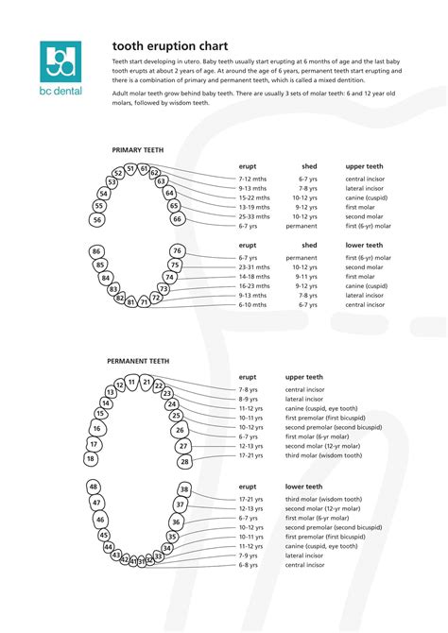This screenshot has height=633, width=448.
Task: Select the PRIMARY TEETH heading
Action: (138, 149)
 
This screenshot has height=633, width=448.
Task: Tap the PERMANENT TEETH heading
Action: (138, 361)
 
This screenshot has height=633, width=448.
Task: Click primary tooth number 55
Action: (99, 206)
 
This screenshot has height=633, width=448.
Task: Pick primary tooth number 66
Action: (177, 219)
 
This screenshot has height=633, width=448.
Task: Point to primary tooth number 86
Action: (96, 251)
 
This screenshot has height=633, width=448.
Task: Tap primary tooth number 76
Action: (177, 251)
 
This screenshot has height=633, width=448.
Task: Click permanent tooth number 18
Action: (91, 459)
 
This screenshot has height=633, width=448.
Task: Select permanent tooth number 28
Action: (184, 462)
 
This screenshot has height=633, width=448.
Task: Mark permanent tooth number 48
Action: (93, 487)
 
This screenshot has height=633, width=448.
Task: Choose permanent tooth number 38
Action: (184, 489)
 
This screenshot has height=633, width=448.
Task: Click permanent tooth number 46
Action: (100, 520)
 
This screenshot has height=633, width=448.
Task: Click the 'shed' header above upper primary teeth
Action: (308, 165)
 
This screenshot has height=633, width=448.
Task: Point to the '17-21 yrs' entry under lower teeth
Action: (250, 499)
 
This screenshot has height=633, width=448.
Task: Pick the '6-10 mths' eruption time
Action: (252, 305)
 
